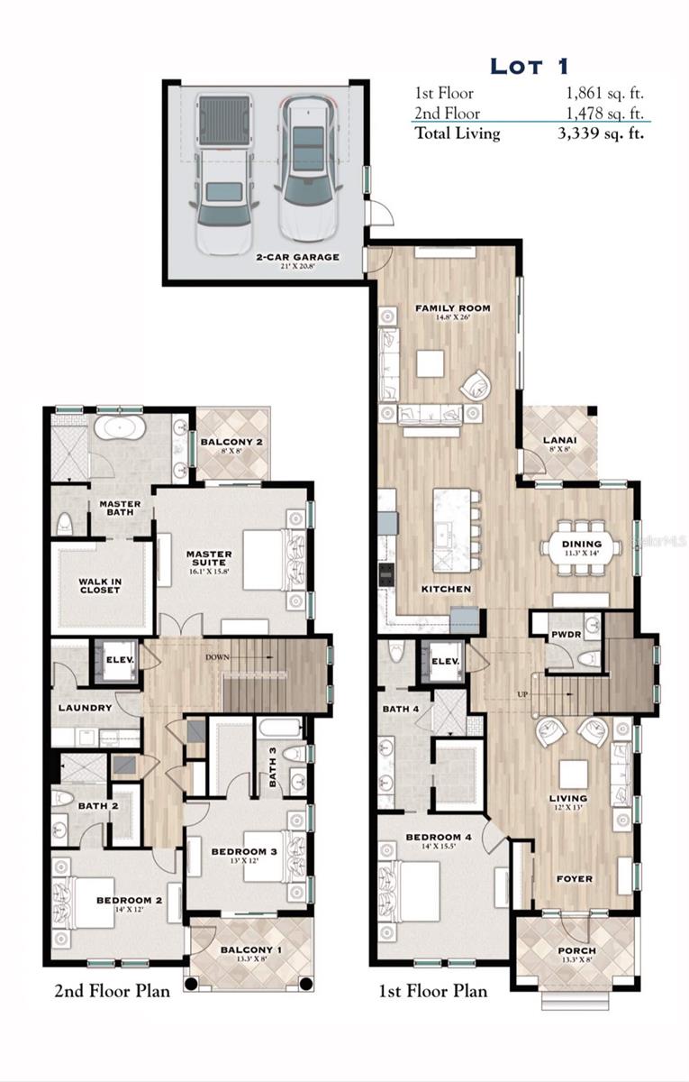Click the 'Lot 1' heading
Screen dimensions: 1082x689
point(530,66)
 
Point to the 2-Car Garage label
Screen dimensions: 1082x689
point(296,257)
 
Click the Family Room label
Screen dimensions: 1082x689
point(452,308)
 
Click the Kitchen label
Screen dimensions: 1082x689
point(446,589)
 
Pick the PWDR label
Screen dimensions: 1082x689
point(565,635)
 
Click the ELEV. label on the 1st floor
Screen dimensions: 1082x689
point(446,661)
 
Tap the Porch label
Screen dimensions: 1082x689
point(576,951)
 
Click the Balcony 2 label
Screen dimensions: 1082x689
point(231,442)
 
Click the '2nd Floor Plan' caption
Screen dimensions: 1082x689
point(112,992)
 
